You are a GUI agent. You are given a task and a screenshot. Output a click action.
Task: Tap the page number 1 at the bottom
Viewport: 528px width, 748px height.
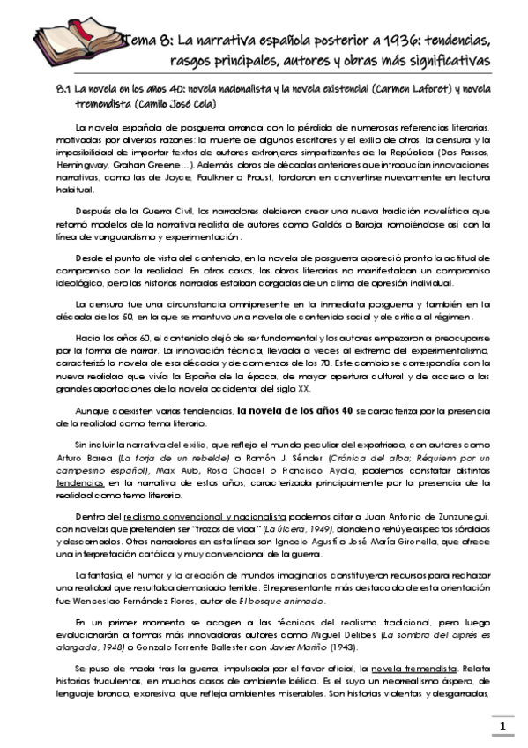[502, 727]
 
